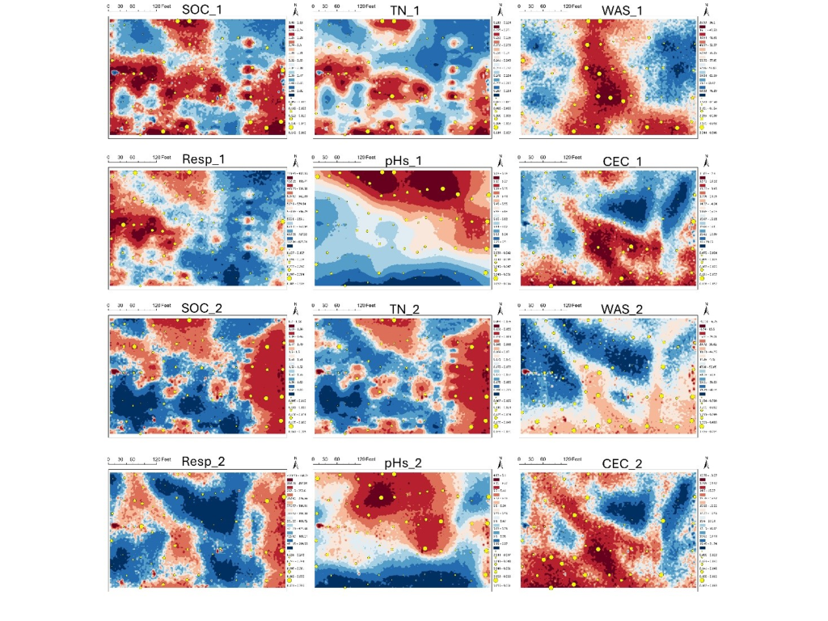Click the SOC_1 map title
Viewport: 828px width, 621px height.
pyautogui.click(x=201, y=10)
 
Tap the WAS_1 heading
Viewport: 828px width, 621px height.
pyautogui.click(x=622, y=10)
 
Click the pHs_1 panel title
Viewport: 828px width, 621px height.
pyautogui.click(x=403, y=161)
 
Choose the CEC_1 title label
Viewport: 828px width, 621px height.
pyautogui.click(x=622, y=161)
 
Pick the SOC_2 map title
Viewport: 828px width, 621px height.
pyautogui.click(x=201, y=310)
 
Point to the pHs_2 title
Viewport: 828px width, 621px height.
pyautogui.click(x=403, y=463)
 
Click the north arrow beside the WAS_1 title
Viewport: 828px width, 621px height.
pyautogui.click(x=706, y=11)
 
